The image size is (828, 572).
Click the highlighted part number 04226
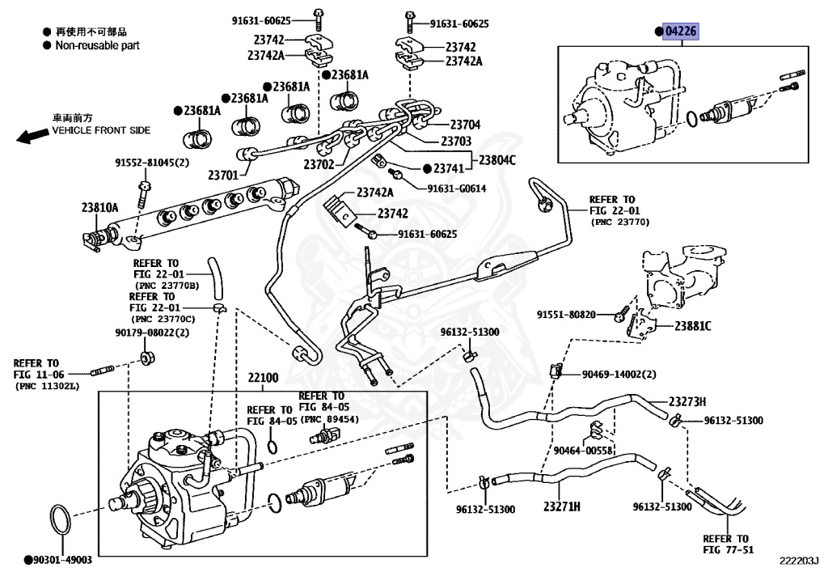coord(680,32)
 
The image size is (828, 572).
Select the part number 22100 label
coord(263,378)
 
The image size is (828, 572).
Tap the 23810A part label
coord(99,207)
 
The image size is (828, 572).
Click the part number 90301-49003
coord(62,559)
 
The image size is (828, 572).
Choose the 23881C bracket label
coord(693,326)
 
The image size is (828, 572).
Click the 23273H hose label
coord(687,401)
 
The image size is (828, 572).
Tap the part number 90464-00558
coord(583,450)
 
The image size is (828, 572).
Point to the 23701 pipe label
coord(223,174)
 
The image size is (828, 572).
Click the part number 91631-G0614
coord(457,189)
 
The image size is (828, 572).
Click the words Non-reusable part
coord(97,45)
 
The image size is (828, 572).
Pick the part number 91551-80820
coord(566,314)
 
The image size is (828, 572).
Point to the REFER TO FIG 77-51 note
coord(725,544)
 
